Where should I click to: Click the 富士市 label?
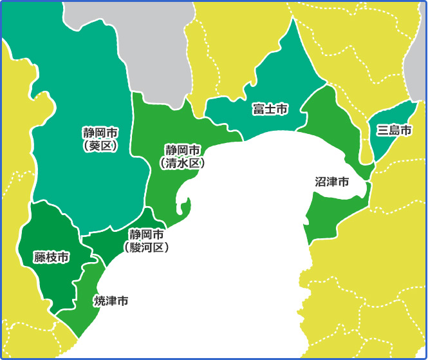[x=270, y=109]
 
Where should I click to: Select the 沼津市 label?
[x=332, y=182]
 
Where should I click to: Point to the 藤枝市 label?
[x=51, y=258]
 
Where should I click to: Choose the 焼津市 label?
[x=111, y=301]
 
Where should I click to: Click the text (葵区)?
[x=100, y=146]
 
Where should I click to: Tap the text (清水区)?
[x=182, y=164]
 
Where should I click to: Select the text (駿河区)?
[x=146, y=246]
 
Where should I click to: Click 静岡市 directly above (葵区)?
[x=100, y=133]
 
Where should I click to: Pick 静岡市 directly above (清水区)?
[x=183, y=150]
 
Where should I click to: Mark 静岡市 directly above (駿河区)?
[x=146, y=233]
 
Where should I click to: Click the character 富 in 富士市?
[x=258, y=109]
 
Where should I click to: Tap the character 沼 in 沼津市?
[x=321, y=182]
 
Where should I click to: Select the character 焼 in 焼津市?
[x=100, y=301]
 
